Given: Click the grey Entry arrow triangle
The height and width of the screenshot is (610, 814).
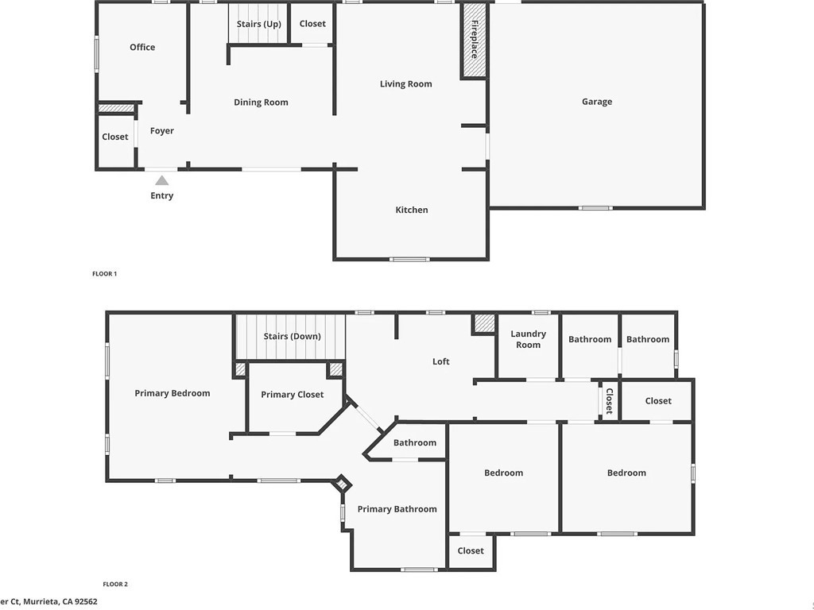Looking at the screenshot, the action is [162, 180].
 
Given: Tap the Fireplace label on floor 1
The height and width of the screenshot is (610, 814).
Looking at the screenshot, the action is [475, 40].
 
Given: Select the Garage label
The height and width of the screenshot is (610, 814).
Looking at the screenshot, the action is [597, 102].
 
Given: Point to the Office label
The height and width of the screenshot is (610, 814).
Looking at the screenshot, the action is [142, 47].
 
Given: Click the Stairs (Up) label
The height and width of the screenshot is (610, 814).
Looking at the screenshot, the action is [259, 24].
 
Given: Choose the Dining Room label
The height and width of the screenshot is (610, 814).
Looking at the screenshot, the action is [261, 102].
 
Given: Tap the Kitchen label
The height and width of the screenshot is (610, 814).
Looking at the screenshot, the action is [412, 210].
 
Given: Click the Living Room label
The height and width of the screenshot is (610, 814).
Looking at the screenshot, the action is [406, 84].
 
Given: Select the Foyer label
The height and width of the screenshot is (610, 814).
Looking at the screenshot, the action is [162, 131].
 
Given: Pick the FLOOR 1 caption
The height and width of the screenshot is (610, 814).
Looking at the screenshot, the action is [105, 274].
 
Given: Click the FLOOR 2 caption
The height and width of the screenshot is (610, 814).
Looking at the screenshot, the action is [115, 584].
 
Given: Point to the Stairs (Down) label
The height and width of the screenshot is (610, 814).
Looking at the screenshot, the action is [293, 336].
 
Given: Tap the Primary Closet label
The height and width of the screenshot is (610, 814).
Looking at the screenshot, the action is [293, 395].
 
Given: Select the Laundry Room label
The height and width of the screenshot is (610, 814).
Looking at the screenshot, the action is [528, 339].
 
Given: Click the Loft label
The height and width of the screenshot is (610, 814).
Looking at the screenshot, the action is [440, 361].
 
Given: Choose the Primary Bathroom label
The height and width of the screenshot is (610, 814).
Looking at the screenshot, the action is [397, 509].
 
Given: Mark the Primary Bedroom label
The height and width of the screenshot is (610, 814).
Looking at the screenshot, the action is [172, 393].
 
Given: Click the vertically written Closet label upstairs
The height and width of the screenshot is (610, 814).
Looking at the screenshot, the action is [610, 401].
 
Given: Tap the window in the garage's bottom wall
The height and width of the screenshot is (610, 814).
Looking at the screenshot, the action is [595, 208].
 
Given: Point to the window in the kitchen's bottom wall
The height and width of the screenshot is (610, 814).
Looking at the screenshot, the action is [409, 259].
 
